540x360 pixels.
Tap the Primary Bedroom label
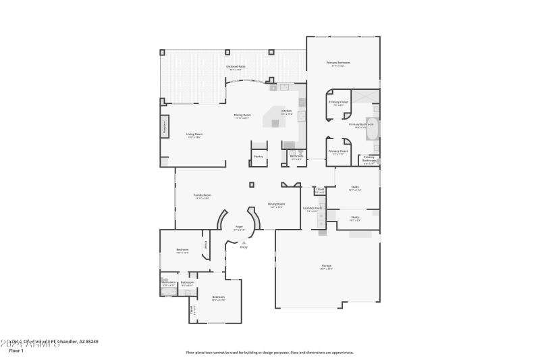pos(338,63)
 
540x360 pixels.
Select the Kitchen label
pos(286,111)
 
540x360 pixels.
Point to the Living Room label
pos(194,134)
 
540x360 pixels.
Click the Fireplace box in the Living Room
pos(164,128)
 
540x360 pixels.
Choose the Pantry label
pos(259,156)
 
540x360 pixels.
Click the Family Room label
pos(202,195)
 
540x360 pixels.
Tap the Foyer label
pos(238,227)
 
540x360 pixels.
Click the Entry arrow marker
pos(244,242)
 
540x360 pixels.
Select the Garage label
pos(326,267)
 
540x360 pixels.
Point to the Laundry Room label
pos(313,208)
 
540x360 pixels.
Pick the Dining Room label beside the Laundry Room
pos(277,204)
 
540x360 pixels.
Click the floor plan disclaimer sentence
pos(269,352)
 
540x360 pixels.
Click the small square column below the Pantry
pos(252,183)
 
